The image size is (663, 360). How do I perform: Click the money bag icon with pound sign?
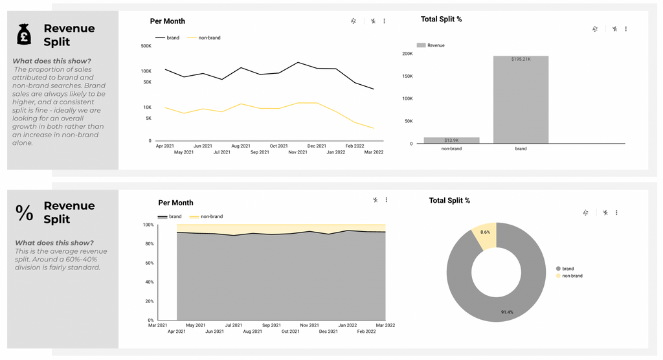click(x=24, y=34)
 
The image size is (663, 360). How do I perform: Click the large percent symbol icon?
click(x=25, y=212)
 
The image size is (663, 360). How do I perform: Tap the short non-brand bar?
click(x=451, y=140)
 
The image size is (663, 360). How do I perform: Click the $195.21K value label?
click(x=521, y=60)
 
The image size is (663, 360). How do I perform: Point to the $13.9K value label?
click(x=451, y=141)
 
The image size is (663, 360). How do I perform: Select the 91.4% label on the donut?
click(x=507, y=312)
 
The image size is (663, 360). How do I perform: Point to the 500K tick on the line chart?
click(x=146, y=46)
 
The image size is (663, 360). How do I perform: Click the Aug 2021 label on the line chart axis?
click(x=241, y=146)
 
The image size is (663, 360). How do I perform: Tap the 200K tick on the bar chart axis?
click(x=407, y=54)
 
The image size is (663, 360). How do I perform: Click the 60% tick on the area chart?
click(x=148, y=263)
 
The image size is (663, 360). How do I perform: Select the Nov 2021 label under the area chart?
click(x=309, y=325)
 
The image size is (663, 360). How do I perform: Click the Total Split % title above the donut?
click(x=449, y=201)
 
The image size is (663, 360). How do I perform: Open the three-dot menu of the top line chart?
click(x=385, y=21)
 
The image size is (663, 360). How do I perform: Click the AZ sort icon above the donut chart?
click(x=585, y=212)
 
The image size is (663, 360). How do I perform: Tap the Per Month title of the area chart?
click(x=175, y=203)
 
